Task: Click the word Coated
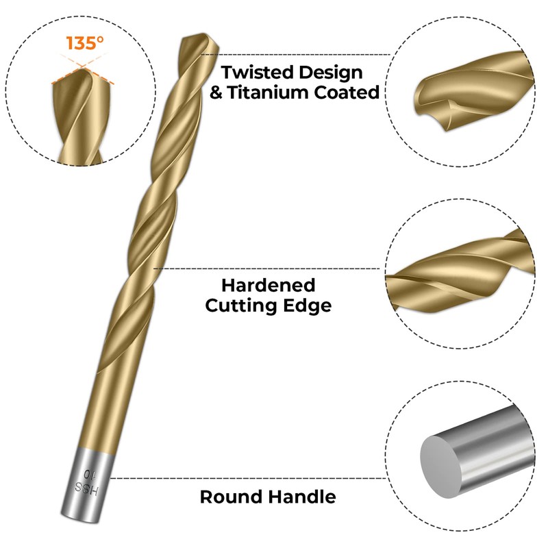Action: (350, 92)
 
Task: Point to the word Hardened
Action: (268, 285)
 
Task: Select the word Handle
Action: (301, 497)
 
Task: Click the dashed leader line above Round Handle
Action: (247, 478)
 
